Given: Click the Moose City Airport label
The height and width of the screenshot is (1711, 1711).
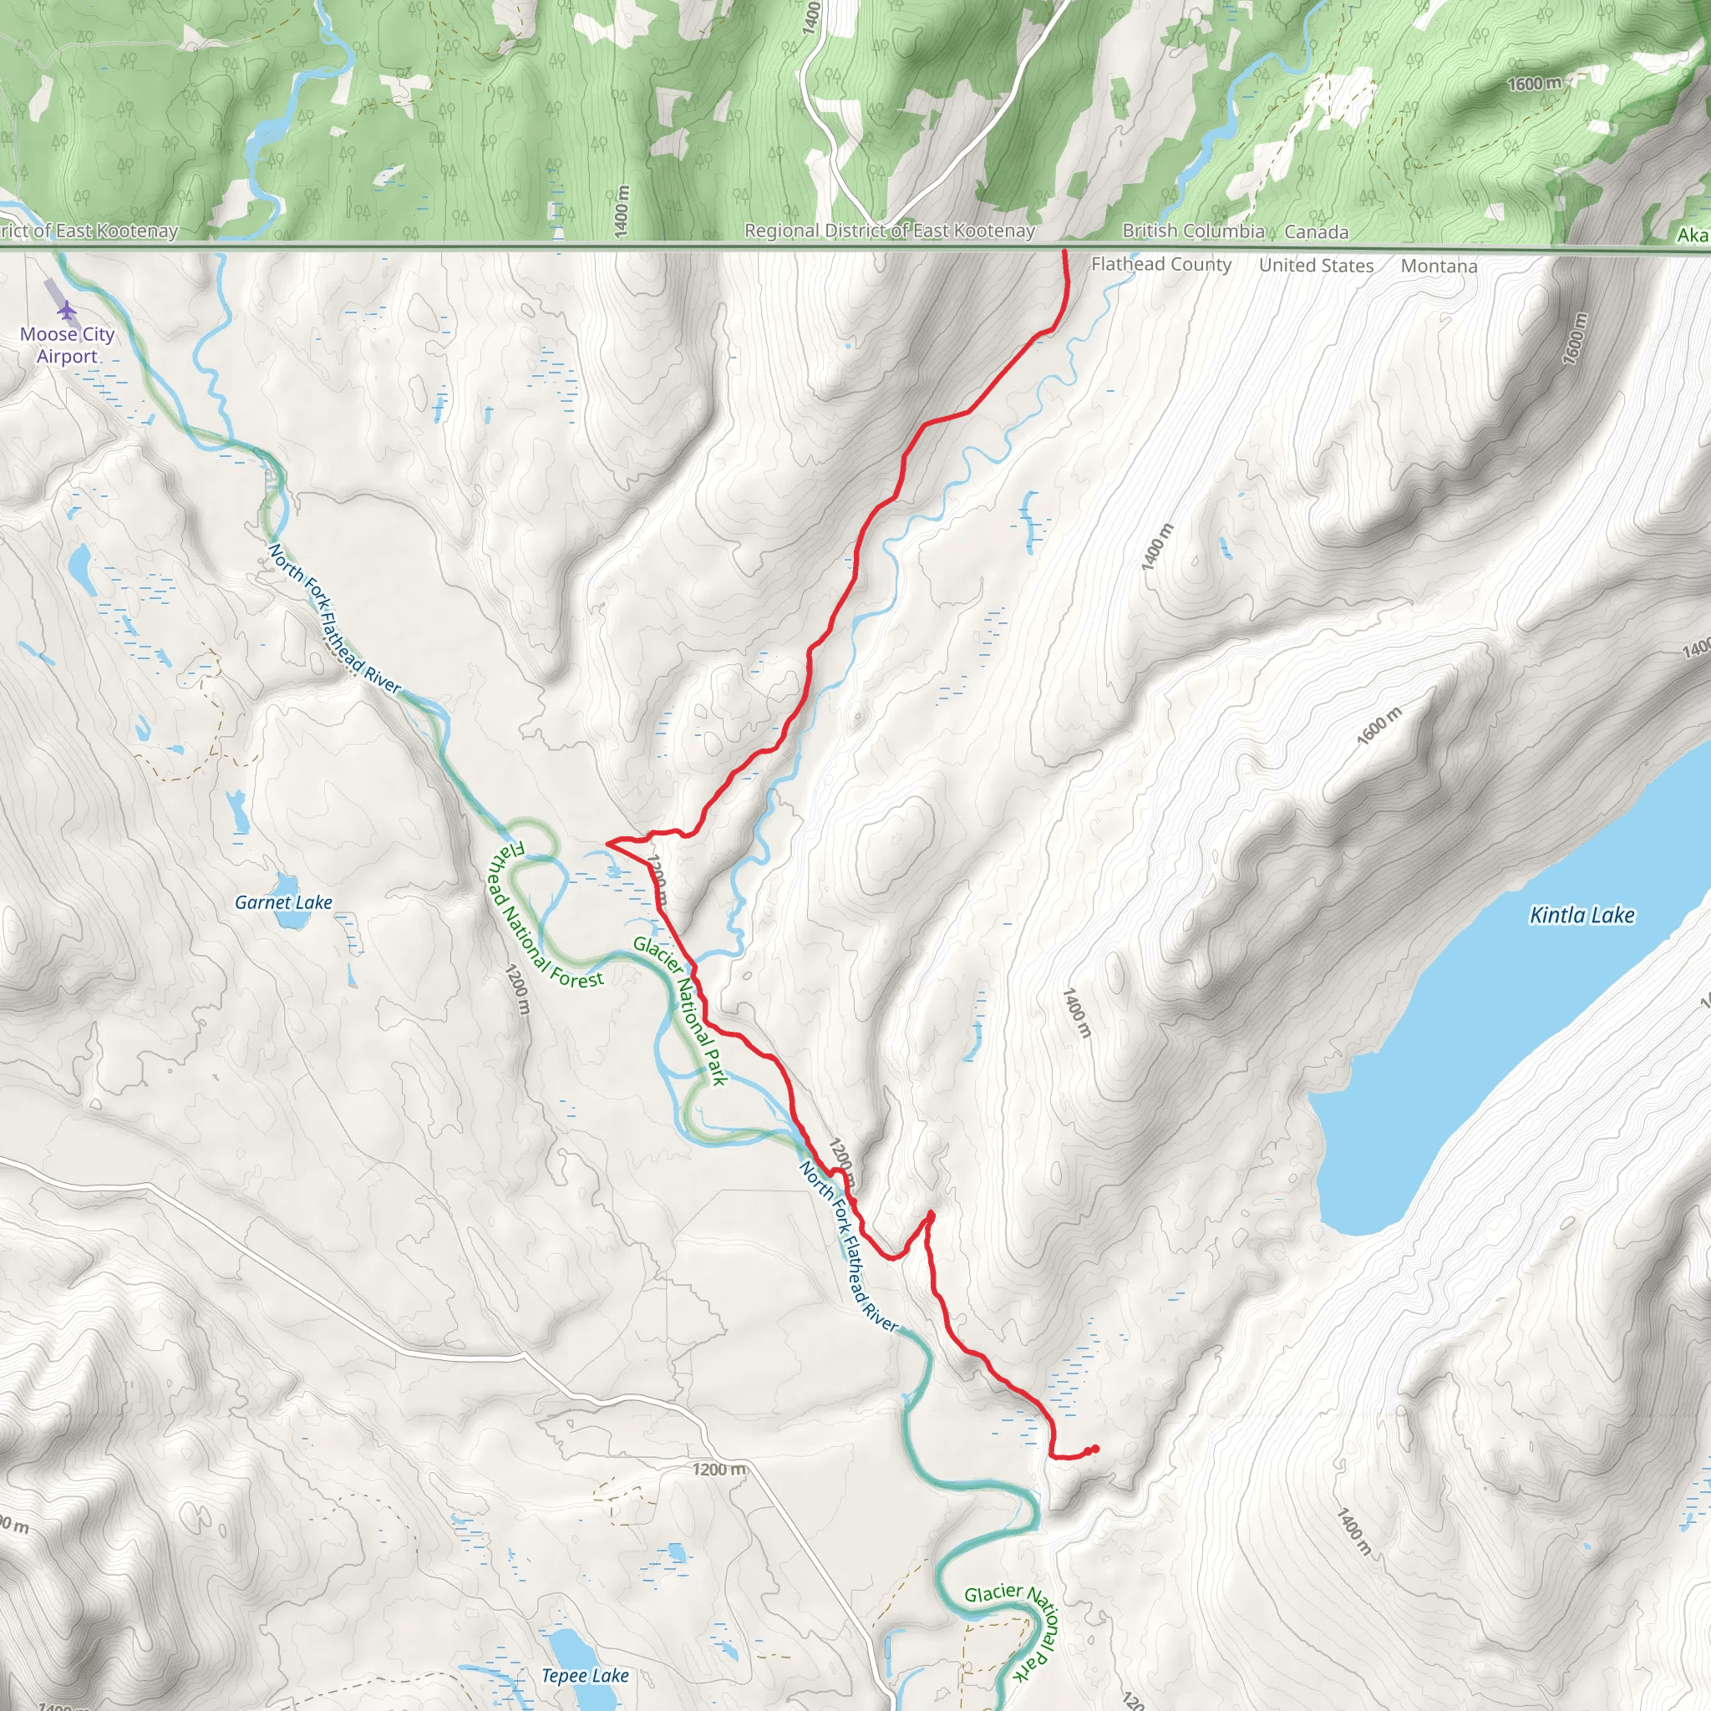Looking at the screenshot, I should (68, 345).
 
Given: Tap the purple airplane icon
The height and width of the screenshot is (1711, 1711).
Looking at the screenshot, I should (68, 310).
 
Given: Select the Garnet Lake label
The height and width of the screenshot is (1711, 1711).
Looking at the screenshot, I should (283, 902).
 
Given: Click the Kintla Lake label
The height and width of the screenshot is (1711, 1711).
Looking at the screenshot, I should (1582, 915).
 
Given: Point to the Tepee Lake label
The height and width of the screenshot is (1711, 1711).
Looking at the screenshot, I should (585, 1676).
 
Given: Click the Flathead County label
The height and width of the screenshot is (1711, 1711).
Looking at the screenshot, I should (1161, 264).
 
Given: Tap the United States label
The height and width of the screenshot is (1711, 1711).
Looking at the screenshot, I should (1316, 265).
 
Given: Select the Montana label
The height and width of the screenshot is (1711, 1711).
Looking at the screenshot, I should (1439, 266).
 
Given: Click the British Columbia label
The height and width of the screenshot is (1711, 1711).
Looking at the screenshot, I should (1193, 231).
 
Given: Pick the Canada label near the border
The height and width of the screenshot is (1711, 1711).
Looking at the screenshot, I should (1316, 231).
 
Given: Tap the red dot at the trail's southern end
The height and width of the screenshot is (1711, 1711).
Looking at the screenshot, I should (1095, 1449).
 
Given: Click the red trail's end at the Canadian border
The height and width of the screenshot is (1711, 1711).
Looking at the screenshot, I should (1064, 252).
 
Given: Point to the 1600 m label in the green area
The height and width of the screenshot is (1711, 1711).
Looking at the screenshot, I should (1535, 84).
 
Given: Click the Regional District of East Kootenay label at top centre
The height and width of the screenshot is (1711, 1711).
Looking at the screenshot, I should (889, 231).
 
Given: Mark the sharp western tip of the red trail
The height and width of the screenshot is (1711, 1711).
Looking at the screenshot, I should (607, 842).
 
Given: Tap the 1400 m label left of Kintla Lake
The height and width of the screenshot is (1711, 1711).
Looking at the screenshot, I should (1077, 1013).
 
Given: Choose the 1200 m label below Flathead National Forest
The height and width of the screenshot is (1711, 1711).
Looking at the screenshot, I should (517, 990).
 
